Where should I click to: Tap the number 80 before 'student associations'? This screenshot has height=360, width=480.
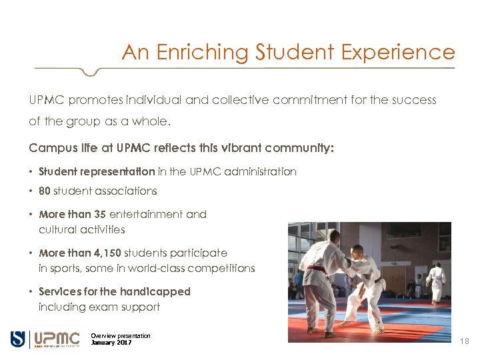point(45,191)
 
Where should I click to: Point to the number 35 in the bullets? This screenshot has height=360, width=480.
point(100,215)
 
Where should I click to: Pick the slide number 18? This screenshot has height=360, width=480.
point(465,341)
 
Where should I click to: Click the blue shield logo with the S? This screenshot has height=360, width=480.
point(17,339)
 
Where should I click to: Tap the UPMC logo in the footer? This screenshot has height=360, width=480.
point(56,339)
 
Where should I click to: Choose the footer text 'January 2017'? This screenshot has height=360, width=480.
point(111,343)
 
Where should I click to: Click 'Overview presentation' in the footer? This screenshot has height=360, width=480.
point(121,335)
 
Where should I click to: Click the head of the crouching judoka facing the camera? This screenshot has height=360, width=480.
point(355,251)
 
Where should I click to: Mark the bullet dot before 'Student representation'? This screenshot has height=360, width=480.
point(32,172)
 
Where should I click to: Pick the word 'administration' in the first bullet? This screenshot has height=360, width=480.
point(261,172)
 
